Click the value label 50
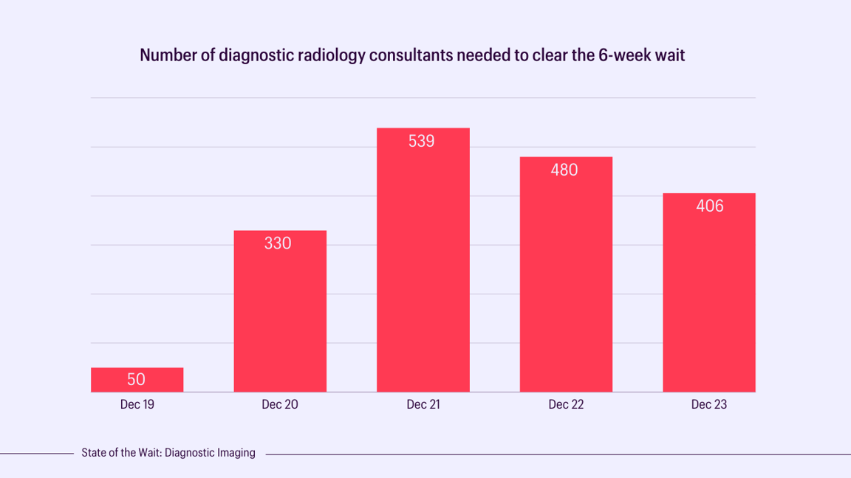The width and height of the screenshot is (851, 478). [137, 380]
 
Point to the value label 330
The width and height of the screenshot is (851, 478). [278, 243]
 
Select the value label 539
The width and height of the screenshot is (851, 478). [422, 141]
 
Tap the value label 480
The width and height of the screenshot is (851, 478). [564, 170]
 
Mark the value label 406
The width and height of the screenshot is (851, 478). [710, 206]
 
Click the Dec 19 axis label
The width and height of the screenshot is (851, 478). [137, 405]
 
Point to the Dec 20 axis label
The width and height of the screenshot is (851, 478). [280, 405]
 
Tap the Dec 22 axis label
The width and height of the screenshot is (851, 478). [566, 405]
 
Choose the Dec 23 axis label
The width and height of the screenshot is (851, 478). [709, 405]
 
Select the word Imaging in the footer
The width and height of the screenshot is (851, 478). [235, 453]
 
